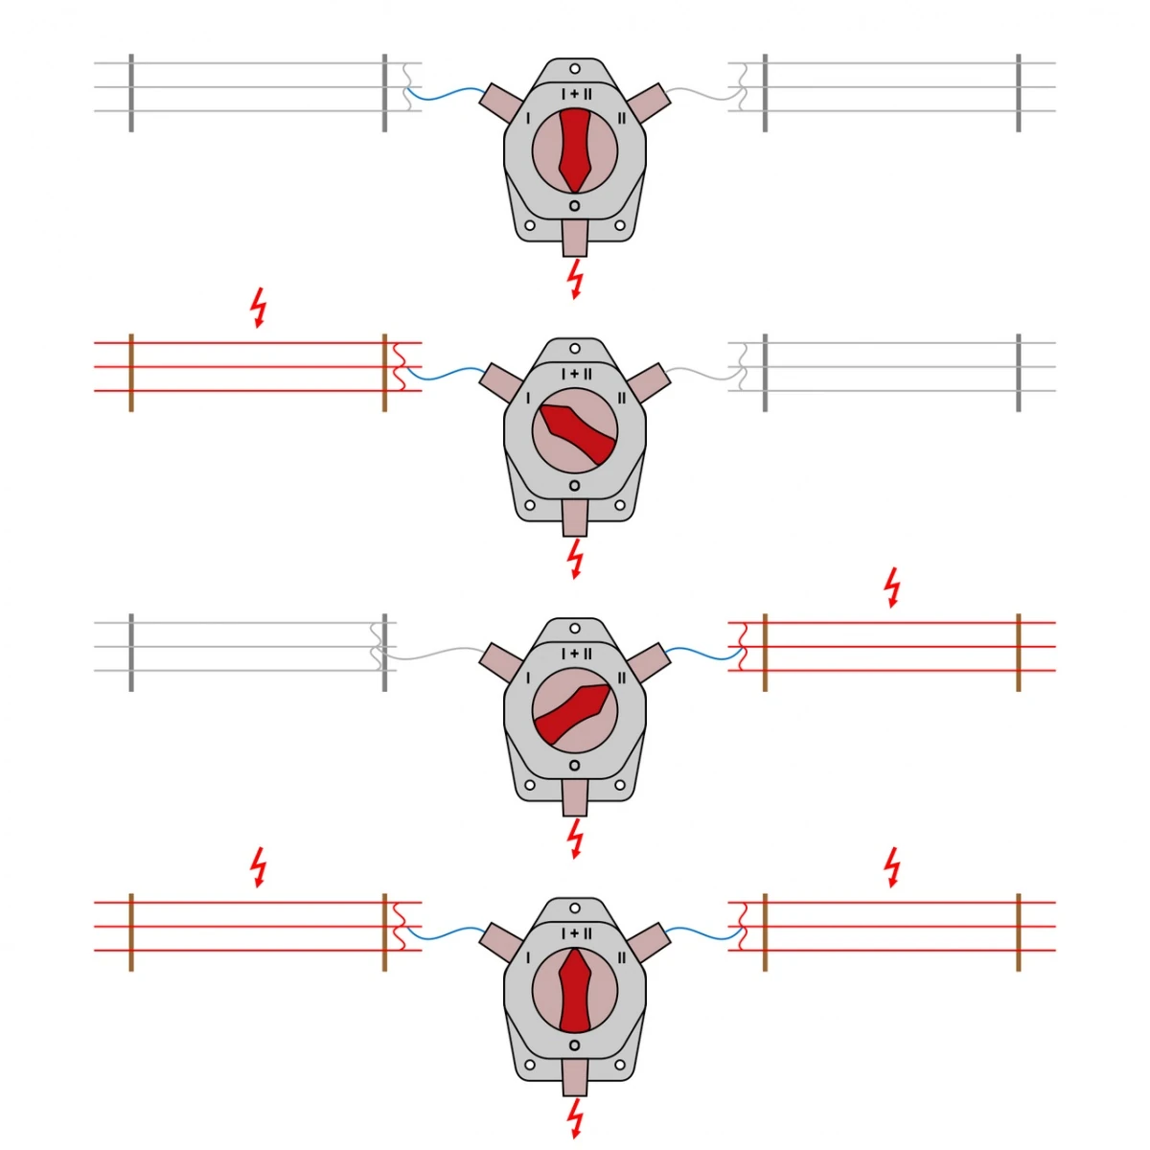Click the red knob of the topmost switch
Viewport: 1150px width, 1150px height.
click(x=575, y=151)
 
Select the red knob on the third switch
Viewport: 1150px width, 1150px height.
click(x=573, y=714)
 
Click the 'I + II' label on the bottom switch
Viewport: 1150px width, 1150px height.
click(x=577, y=934)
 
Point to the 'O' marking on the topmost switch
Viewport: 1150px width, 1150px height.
click(x=575, y=206)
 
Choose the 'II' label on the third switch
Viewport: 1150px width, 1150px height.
click(x=622, y=678)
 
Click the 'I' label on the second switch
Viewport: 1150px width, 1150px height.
click(x=528, y=398)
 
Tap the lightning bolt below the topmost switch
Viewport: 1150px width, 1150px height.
click(x=575, y=279)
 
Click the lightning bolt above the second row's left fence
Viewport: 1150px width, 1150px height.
click(x=258, y=308)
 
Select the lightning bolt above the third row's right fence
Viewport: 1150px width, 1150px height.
click(x=892, y=587)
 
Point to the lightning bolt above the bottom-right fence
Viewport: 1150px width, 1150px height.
click(x=892, y=867)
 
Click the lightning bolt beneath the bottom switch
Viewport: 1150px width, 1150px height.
click(x=575, y=1118)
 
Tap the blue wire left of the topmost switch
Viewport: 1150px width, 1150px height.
click(x=447, y=96)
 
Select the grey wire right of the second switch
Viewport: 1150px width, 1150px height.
click(x=704, y=374)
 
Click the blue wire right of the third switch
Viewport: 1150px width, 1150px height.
click(x=704, y=654)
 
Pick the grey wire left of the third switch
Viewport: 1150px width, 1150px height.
click(x=432, y=655)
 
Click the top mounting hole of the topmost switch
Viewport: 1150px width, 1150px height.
click(x=575, y=69)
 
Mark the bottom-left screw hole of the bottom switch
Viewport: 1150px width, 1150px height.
click(x=529, y=1065)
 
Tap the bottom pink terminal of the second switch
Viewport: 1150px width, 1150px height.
click(x=575, y=518)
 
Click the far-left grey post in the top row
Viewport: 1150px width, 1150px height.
click(x=131, y=93)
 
